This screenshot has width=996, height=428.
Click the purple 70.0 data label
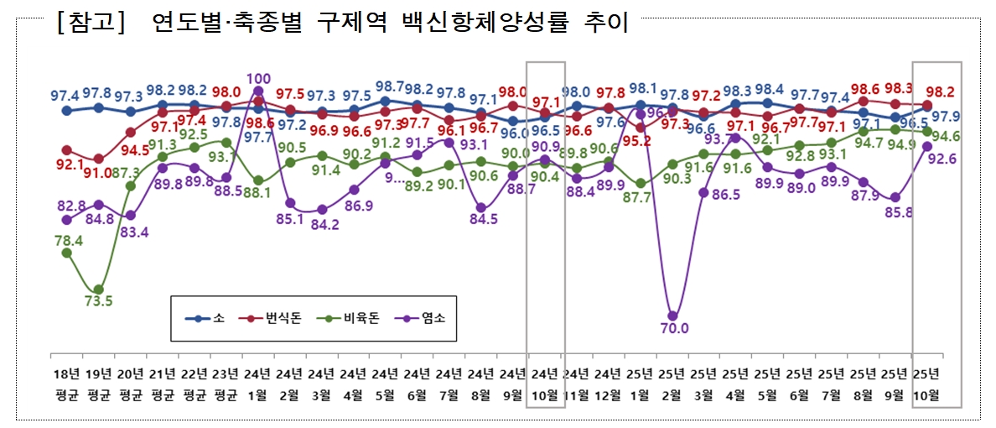click(x=674, y=328)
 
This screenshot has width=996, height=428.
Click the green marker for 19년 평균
click(x=99, y=290)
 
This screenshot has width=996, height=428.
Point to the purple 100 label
click(x=258, y=79)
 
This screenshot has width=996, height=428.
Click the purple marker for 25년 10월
click(x=927, y=145)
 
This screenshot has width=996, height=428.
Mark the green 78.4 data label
click(x=67, y=239)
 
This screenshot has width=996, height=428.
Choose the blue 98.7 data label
click(x=389, y=87)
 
